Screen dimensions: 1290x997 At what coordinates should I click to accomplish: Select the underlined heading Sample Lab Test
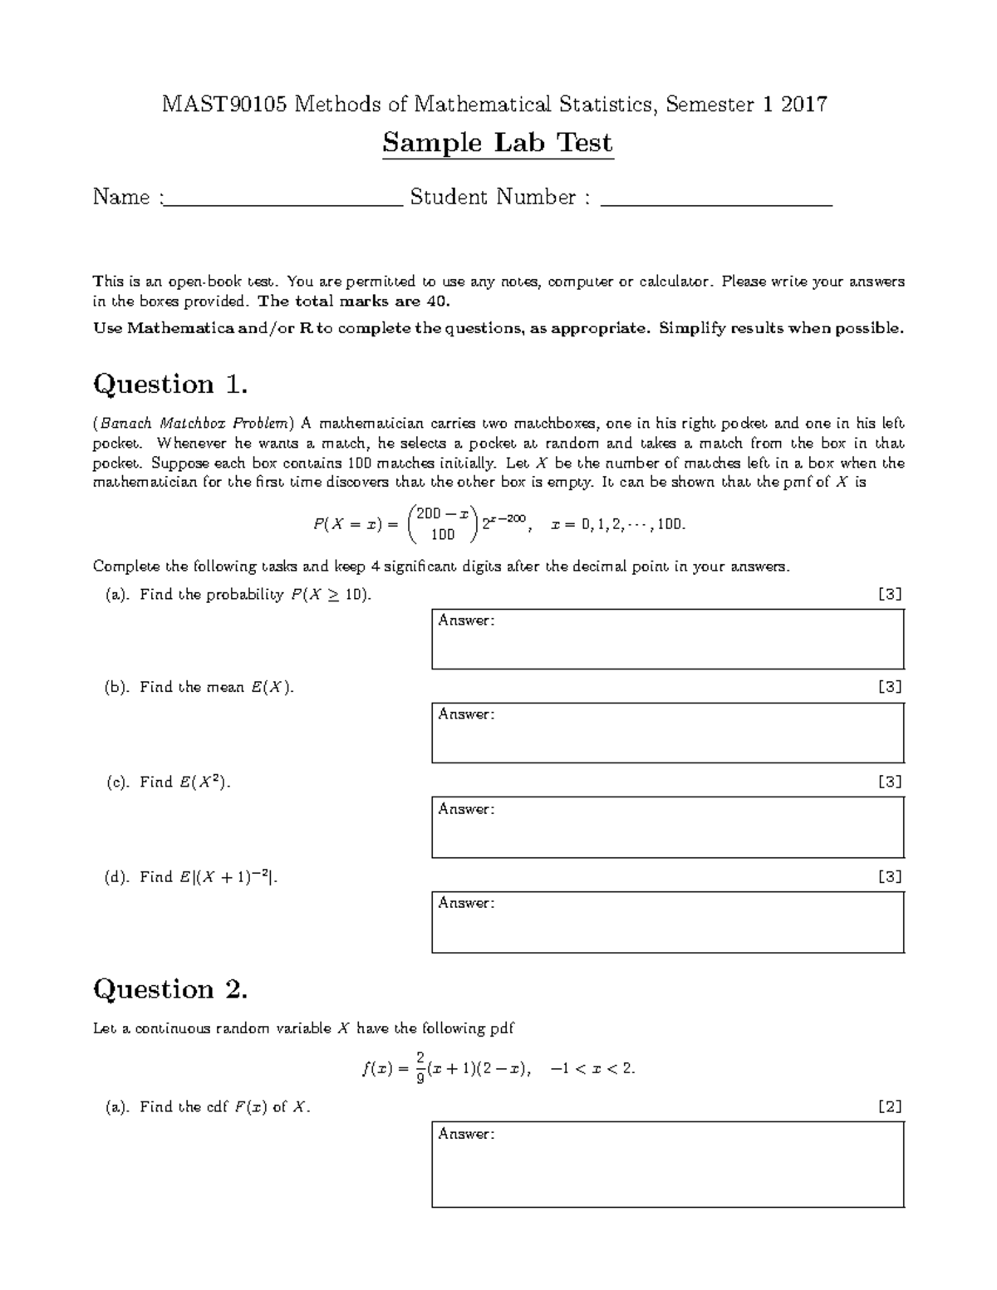tap(498, 144)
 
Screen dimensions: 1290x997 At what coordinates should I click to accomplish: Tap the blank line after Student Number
tap(715, 199)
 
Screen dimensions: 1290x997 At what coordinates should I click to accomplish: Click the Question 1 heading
tap(170, 385)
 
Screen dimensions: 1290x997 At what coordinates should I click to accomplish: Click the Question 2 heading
tap(170, 989)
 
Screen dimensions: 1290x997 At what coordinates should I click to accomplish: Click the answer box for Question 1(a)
tap(667, 639)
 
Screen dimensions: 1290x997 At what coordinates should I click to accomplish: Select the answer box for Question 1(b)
tap(667, 733)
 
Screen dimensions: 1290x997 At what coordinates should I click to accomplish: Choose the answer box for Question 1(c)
tap(667, 827)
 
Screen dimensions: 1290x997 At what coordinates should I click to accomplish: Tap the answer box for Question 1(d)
tap(667, 922)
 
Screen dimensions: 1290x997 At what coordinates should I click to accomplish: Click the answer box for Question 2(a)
tap(667, 1165)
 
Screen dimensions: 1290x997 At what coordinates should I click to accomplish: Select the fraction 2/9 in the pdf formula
tap(421, 1068)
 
